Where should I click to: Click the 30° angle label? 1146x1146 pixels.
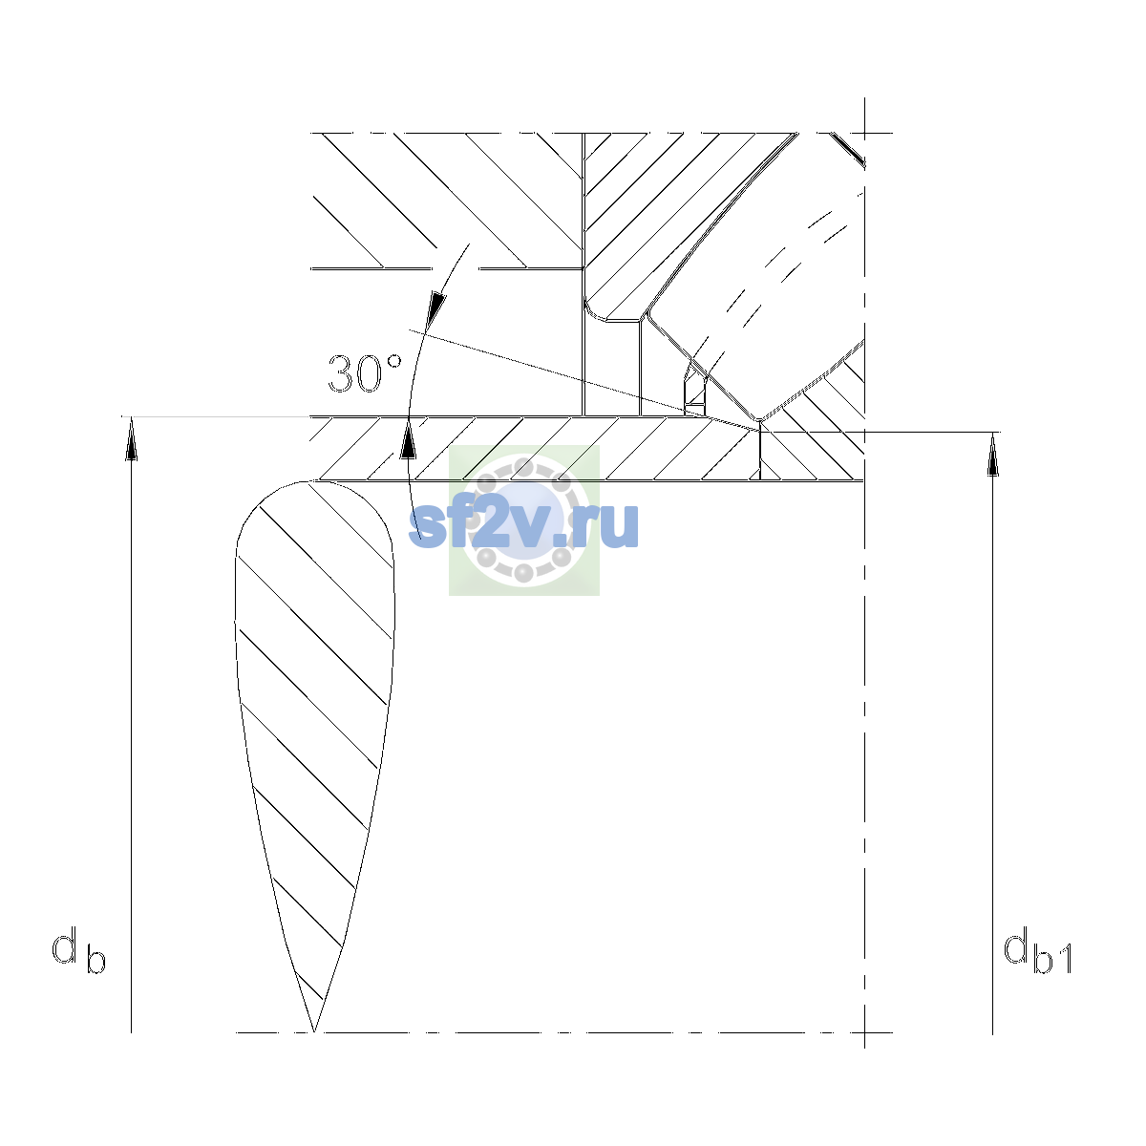point(365,373)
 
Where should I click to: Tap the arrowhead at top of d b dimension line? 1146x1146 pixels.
point(132,438)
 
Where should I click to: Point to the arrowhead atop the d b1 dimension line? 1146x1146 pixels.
point(992,455)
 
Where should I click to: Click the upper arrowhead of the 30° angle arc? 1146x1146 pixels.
point(437,309)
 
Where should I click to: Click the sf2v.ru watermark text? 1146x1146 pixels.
point(523,524)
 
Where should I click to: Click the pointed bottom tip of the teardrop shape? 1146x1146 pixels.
point(313,1031)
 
